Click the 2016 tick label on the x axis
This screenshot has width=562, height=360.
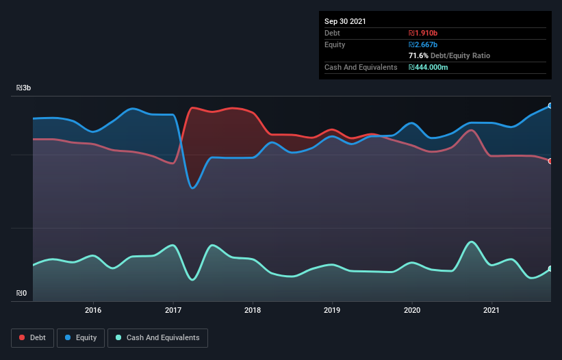[x=93, y=310]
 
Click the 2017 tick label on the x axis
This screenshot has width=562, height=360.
[x=173, y=310]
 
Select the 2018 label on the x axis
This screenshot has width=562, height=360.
[x=253, y=310]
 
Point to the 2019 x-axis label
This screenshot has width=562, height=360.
[x=332, y=310]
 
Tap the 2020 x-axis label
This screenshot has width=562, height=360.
[x=412, y=310]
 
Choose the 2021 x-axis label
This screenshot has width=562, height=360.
[x=491, y=310]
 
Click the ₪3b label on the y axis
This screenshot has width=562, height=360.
[x=23, y=88]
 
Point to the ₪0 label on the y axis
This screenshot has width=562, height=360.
[x=21, y=294]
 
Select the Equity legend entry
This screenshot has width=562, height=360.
[x=81, y=337]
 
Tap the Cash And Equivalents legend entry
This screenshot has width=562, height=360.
[x=157, y=337]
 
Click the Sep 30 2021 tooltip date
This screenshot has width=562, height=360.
[x=345, y=21]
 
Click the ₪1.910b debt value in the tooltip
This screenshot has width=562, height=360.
[x=423, y=33]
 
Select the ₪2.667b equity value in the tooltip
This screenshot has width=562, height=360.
[x=423, y=44]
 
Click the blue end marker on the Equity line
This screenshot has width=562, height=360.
[x=550, y=106]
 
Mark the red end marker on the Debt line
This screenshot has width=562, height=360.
[x=550, y=161]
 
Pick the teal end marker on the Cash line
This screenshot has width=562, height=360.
[x=550, y=269]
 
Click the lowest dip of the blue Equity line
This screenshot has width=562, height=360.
[x=193, y=188]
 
